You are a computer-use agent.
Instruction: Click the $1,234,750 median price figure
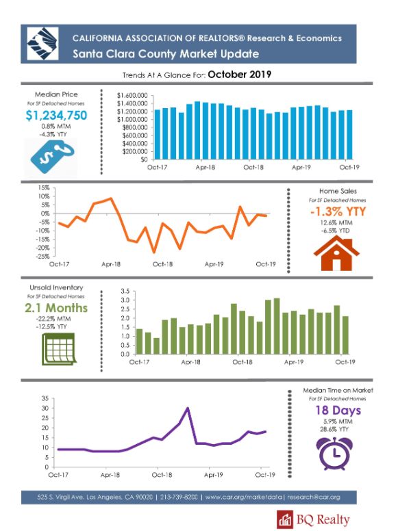56,116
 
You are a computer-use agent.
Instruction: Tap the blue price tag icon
52,157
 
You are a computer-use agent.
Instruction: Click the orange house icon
336,253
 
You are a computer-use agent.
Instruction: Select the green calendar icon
58,349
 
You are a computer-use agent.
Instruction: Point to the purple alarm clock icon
334,453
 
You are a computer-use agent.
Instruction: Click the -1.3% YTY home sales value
338,211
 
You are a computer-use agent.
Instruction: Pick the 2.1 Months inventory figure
56,308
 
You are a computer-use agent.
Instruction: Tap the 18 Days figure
338,410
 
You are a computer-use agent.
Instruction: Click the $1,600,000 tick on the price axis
132,96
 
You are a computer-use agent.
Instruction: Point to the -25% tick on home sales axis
43,257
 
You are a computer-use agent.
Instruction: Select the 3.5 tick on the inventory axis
125,292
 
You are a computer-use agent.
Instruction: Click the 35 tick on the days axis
45,398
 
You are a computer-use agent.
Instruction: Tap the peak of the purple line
188,408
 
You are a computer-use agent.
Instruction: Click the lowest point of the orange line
154,252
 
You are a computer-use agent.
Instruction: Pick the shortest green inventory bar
156,346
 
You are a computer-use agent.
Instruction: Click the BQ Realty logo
313,520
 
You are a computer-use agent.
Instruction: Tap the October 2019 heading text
240,75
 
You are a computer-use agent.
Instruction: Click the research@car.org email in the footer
313,497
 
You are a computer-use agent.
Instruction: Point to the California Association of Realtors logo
42,44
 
